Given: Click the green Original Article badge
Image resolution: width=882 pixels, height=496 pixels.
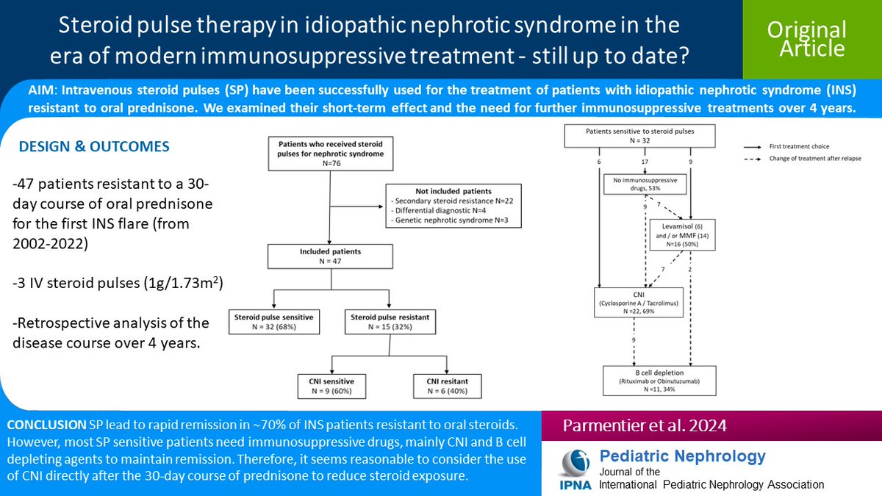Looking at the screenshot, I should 806,39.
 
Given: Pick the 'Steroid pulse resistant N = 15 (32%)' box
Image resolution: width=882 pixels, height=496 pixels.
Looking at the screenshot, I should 388,323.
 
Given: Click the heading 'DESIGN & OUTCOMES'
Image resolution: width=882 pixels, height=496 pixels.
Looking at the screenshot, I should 94,147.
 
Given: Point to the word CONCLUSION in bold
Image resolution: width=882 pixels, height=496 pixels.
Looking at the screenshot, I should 46,426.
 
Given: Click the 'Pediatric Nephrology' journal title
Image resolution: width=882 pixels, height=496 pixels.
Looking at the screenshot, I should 683,456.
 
